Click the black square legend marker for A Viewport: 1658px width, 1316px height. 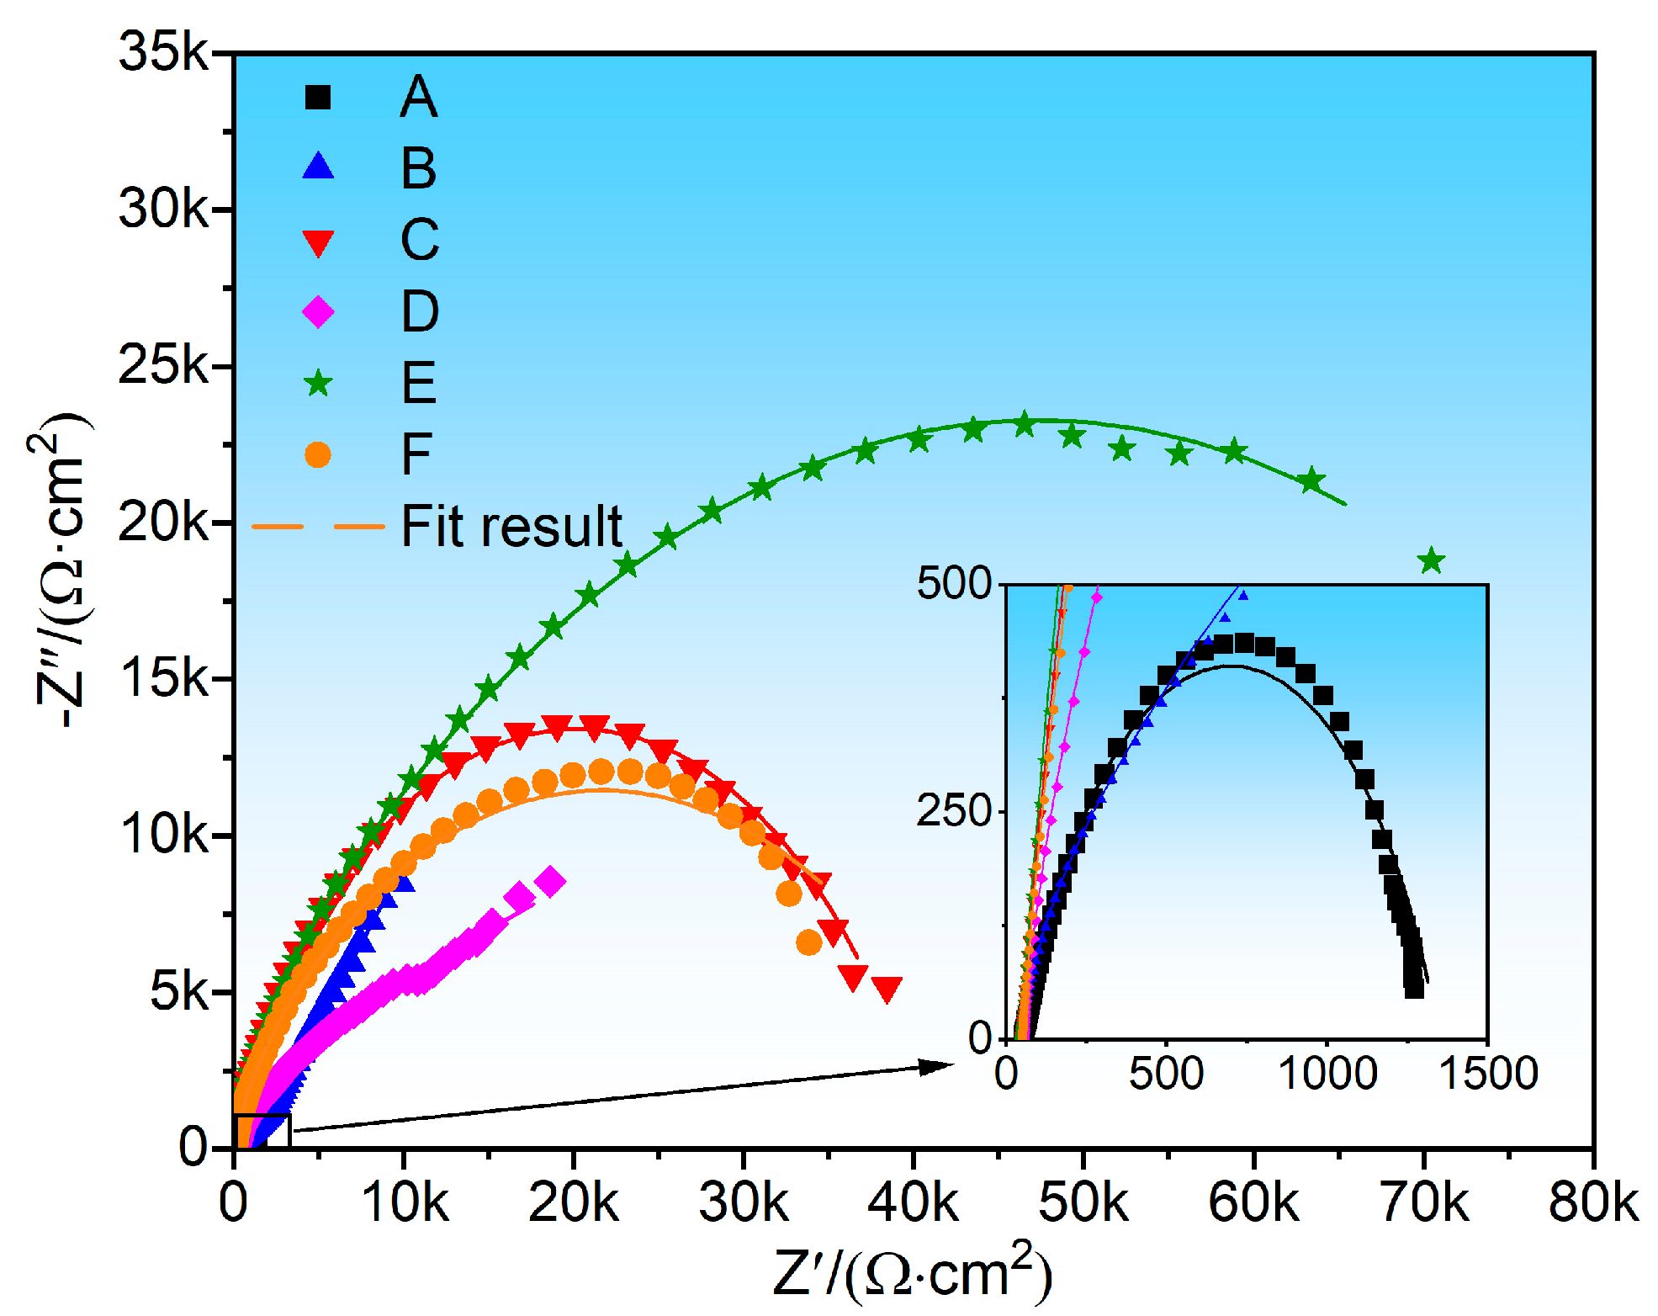click(318, 98)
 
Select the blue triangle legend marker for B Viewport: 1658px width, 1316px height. click(318, 167)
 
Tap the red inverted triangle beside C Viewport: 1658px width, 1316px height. click(318, 242)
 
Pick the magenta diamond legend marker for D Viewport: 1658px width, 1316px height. click(318, 312)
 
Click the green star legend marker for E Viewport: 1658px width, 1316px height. click(318, 385)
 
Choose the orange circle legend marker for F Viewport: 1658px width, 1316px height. click(318, 455)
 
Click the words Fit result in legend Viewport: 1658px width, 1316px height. click(511, 527)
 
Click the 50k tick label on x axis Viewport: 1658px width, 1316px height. click(1083, 1203)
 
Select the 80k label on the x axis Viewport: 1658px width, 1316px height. click(1592, 1203)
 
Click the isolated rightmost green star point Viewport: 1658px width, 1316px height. click(1431, 560)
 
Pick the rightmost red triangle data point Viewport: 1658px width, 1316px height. click(887, 989)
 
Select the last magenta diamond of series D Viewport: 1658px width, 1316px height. click(551, 881)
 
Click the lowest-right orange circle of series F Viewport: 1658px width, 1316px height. click(808, 942)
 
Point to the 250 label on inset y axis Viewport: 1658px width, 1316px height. click(954, 811)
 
